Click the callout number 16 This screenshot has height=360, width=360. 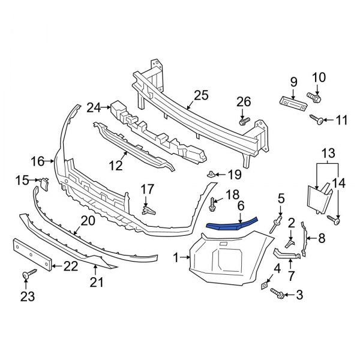(x=37, y=161)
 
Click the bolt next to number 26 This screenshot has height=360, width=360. (x=244, y=122)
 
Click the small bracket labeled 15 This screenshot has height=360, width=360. (x=43, y=181)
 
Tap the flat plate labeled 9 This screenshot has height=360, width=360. (x=293, y=102)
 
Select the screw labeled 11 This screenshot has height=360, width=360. (x=319, y=121)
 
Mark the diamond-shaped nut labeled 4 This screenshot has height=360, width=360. (x=265, y=286)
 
